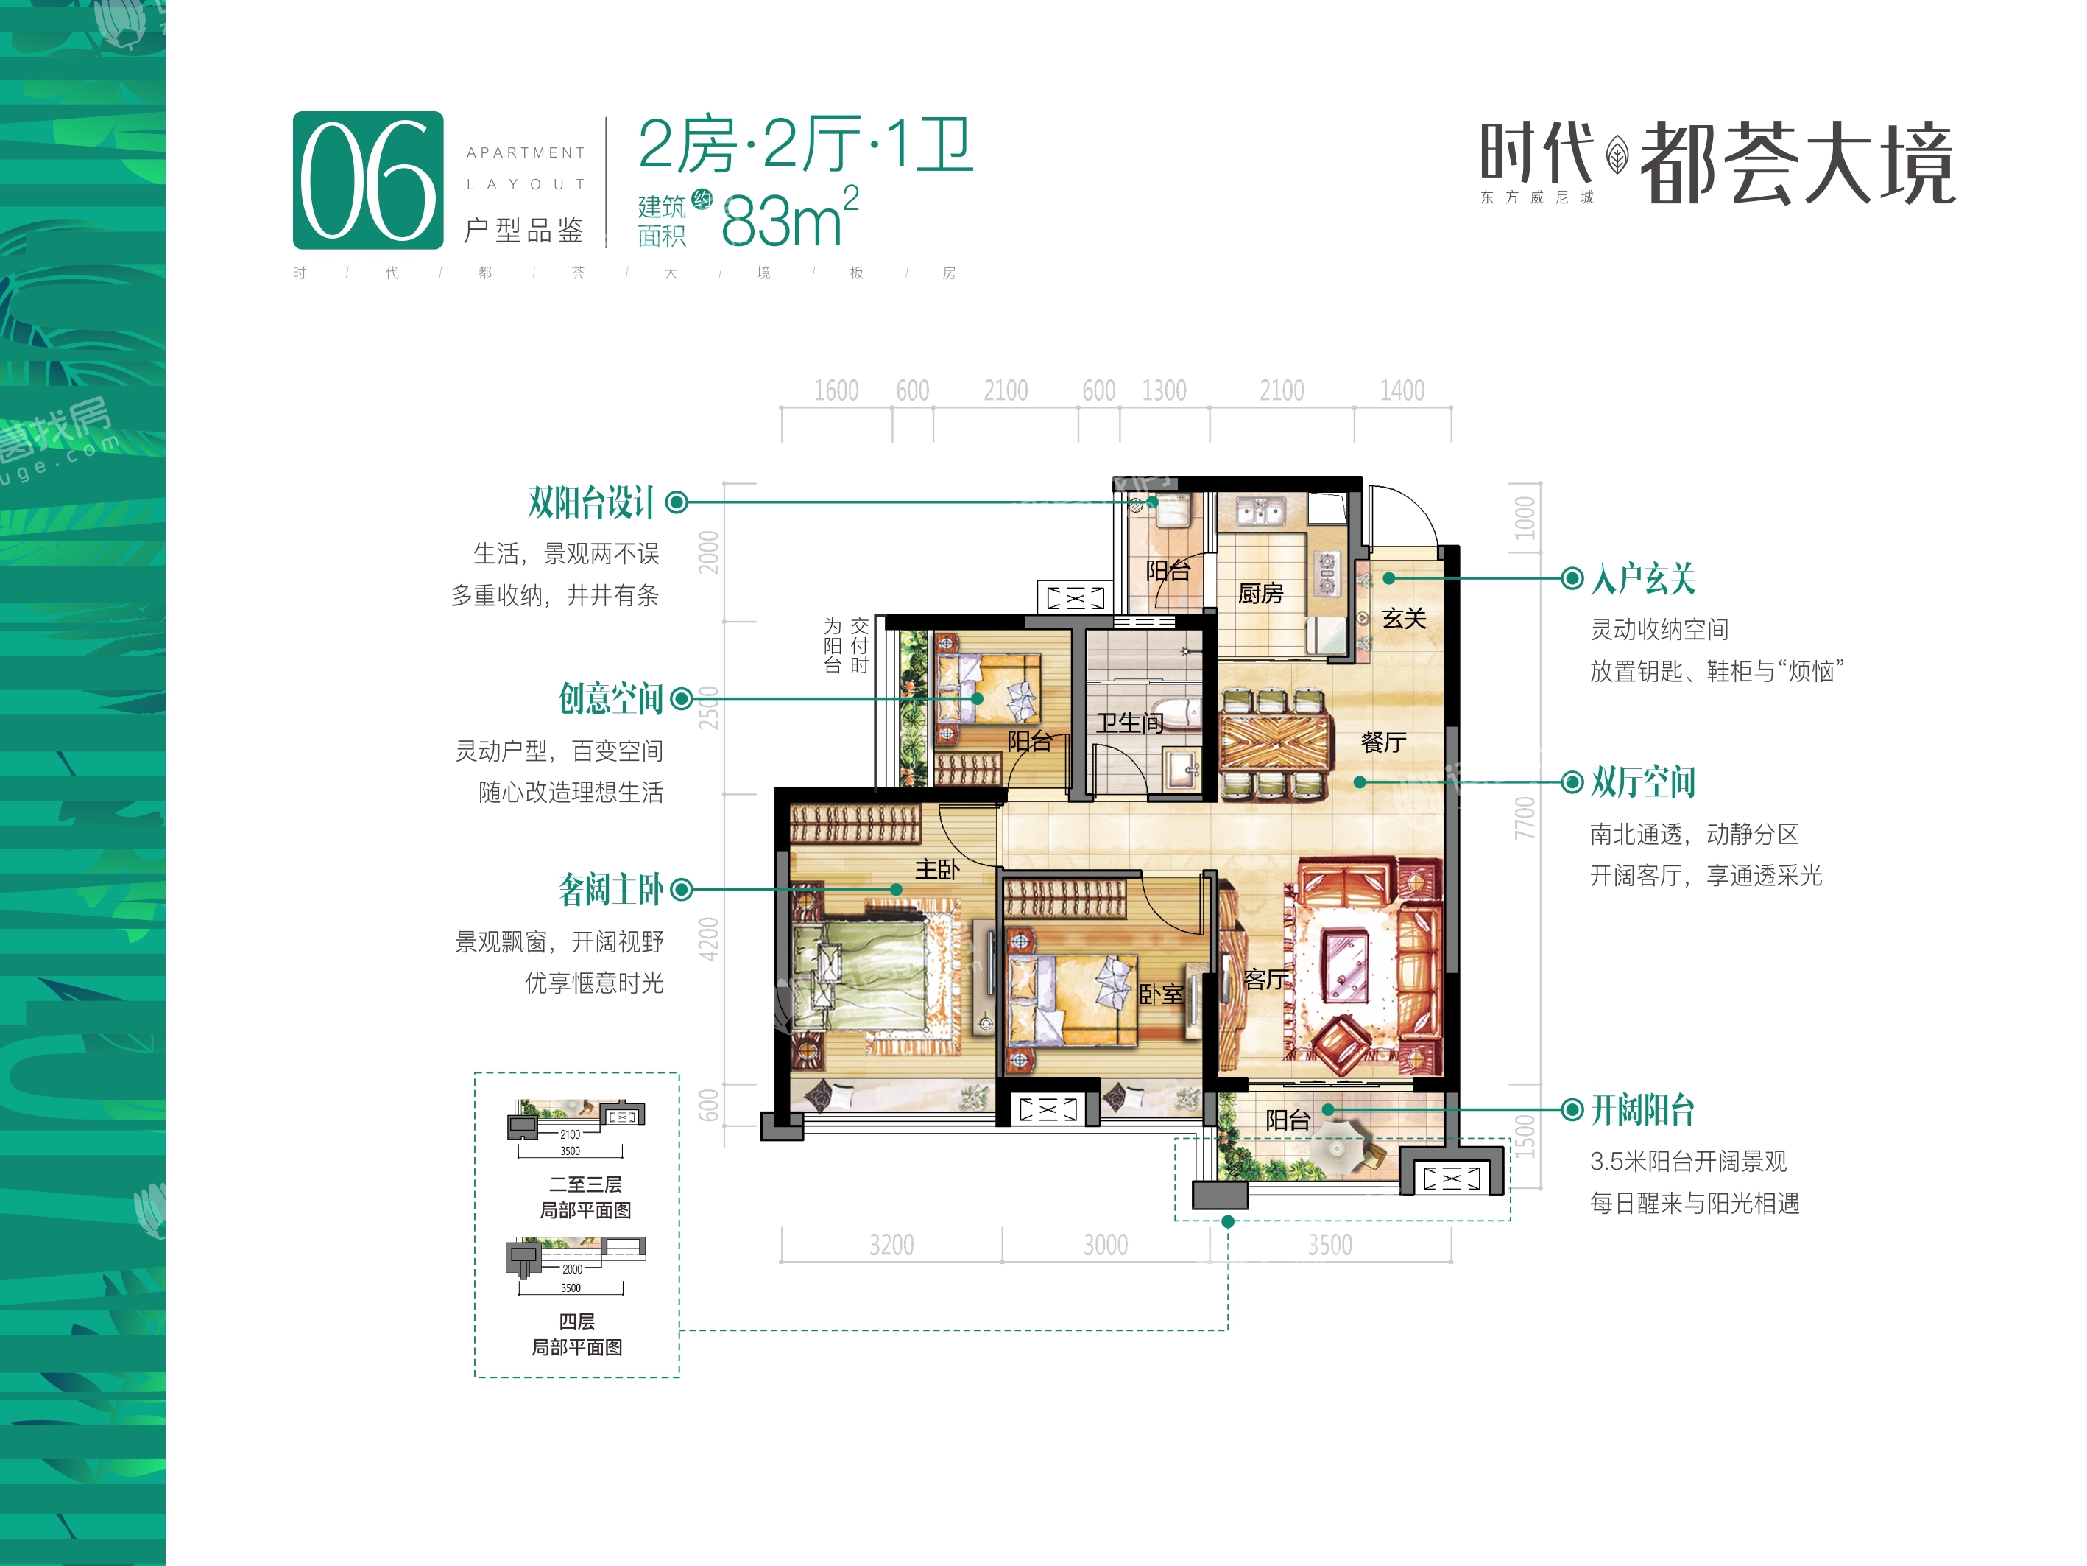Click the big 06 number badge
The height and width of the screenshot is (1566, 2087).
(x=368, y=180)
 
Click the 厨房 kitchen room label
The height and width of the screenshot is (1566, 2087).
(x=1260, y=594)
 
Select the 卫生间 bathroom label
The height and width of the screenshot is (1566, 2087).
(x=1129, y=723)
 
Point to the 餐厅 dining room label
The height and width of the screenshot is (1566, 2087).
(x=1383, y=742)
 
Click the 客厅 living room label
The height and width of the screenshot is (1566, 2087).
(x=1266, y=980)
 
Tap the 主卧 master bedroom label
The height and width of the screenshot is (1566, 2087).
(x=937, y=869)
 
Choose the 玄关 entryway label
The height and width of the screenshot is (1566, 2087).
(x=1404, y=618)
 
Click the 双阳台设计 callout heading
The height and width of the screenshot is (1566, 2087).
(x=592, y=502)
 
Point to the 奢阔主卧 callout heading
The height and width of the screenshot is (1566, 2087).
(x=612, y=889)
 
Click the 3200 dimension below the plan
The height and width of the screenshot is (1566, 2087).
(x=891, y=1245)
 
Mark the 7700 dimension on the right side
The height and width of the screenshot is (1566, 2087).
(x=1525, y=818)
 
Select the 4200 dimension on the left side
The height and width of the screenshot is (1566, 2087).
(x=709, y=938)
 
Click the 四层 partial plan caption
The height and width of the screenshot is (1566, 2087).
(x=576, y=1321)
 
